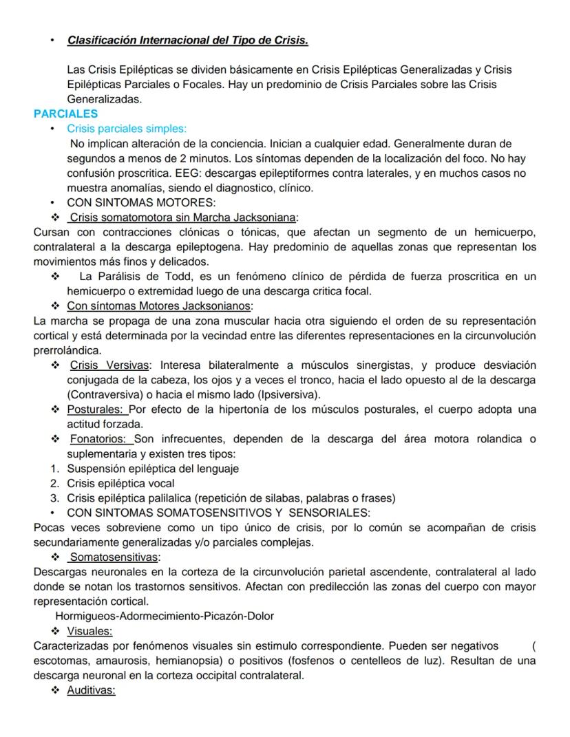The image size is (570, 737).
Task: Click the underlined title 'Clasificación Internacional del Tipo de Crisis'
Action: (187, 41)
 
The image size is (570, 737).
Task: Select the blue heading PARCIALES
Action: (65, 114)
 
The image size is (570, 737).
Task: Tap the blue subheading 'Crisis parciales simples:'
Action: (127, 129)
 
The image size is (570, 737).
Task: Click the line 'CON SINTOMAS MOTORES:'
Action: (141, 202)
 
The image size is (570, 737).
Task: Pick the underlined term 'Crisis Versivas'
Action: (109, 365)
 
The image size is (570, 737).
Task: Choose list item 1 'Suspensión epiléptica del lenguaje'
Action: (153, 469)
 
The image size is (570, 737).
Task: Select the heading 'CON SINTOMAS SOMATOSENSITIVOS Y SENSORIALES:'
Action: (218, 513)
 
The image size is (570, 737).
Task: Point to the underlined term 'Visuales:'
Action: (89, 631)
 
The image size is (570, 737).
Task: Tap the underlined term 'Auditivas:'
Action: (91, 690)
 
